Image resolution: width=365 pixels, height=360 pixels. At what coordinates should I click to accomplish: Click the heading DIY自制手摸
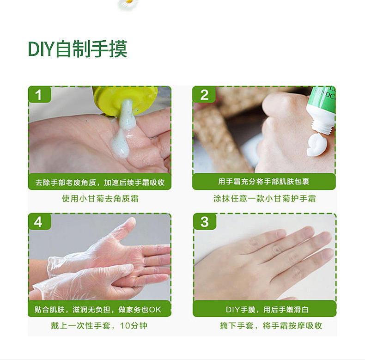tap(78, 49)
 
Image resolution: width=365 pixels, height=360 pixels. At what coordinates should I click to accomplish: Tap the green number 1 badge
tap(39, 94)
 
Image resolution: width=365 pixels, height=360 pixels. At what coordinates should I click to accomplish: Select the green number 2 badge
tap(204, 94)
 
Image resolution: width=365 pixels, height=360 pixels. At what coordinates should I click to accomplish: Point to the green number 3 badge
tap(205, 221)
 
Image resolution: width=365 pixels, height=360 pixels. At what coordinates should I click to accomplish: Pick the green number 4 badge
tap(39, 221)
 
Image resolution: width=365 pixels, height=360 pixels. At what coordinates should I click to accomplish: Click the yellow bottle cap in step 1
tap(125, 100)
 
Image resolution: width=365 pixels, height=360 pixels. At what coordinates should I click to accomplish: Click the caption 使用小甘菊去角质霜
tap(100, 199)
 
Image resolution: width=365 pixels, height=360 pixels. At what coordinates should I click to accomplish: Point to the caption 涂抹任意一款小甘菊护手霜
tap(264, 199)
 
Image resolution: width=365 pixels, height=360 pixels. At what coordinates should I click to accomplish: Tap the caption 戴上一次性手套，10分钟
tap(99, 325)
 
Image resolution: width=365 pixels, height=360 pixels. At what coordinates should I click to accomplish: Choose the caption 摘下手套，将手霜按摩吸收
tap(271, 325)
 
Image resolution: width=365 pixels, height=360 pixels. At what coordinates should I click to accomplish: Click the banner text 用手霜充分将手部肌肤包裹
tap(264, 182)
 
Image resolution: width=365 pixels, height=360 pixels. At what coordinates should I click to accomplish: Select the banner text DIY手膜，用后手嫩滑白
tap(267, 310)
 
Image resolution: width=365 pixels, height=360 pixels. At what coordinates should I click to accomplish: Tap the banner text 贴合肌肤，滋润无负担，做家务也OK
tap(98, 310)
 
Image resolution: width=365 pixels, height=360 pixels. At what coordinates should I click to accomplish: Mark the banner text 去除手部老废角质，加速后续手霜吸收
tap(100, 183)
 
